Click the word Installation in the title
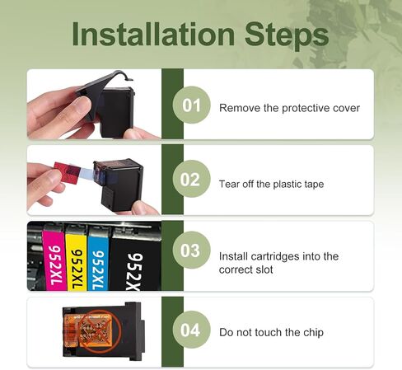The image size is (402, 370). (x=153, y=34)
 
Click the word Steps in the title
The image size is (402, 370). (x=287, y=35)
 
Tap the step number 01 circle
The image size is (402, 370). (x=191, y=105)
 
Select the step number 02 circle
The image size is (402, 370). (x=191, y=179)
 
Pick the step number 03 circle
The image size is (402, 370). (x=191, y=251)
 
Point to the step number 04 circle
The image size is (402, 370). (x=191, y=330)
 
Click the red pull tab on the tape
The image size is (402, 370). (x=67, y=172)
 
